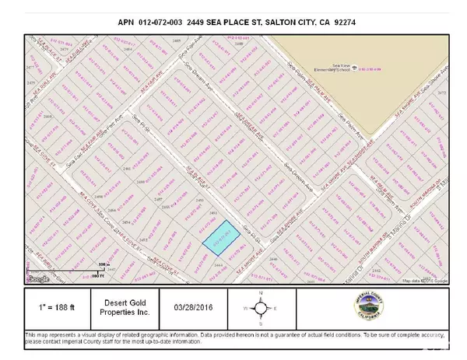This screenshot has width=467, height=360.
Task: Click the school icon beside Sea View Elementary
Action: [354, 66]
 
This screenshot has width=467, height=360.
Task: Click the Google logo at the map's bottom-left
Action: [37, 278]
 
